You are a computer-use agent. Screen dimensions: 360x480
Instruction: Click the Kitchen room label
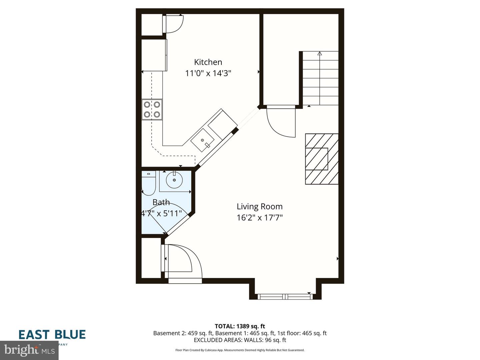(x=208, y=62)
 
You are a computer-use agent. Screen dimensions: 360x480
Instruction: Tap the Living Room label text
(x=259, y=207)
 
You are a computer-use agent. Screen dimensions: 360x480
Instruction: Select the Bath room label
(x=161, y=202)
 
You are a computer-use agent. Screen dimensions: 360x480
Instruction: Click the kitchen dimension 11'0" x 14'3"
(x=208, y=73)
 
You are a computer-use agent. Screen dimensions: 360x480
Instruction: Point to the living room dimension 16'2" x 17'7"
(x=259, y=218)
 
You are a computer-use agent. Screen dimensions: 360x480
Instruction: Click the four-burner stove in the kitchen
(x=152, y=110)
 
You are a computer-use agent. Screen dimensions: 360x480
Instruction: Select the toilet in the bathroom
(x=148, y=183)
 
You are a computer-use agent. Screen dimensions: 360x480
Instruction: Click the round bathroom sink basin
(x=174, y=180)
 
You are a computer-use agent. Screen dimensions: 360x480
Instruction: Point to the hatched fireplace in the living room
(x=322, y=159)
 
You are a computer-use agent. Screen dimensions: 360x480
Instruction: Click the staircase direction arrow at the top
(x=320, y=53)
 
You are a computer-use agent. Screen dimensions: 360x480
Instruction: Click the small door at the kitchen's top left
(x=174, y=24)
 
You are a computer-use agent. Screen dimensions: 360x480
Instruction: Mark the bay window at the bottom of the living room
(x=285, y=296)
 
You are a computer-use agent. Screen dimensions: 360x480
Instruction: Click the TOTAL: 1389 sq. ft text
(x=240, y=326)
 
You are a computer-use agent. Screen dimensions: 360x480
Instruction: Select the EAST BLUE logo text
(x=52, y=334)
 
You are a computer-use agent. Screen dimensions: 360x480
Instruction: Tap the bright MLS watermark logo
(x=29, y=350)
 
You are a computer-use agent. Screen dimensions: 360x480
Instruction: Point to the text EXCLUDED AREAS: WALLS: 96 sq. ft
(x=240, y=340)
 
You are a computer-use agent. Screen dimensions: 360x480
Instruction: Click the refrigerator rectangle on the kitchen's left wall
(x=154, y=55)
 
